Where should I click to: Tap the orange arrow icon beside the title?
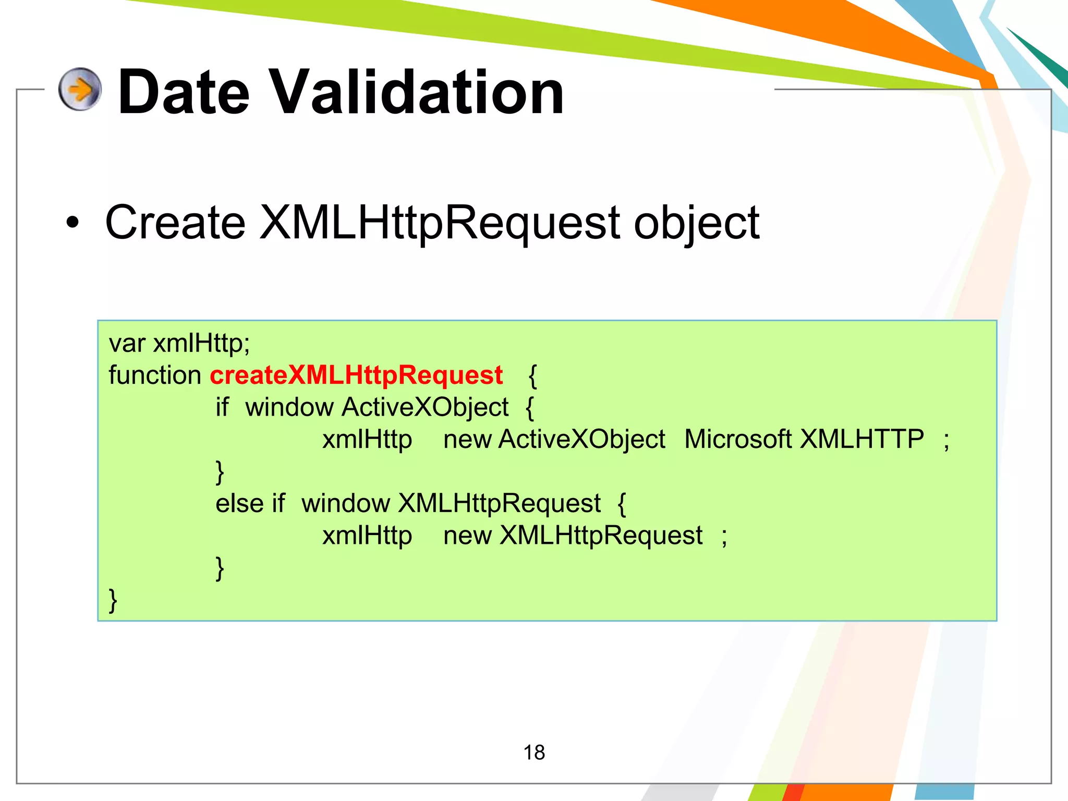(x=80, y=89)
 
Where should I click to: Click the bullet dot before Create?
(x=73, y=223)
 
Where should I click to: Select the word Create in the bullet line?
(x=175, y=223)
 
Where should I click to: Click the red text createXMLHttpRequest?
(x=356, y=375)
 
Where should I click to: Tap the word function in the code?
(x=155, y=375)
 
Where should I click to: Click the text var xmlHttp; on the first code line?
(x=179, y=343)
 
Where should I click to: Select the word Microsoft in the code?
(x=738, y=439)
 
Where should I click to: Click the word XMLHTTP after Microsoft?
(x=861, y=439)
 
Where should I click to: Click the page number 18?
(x=534, y=753)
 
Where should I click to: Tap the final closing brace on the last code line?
(x=113, y=600)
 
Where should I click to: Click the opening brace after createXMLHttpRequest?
(x=532, y=376)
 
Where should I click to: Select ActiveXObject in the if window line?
(x=425, y=407)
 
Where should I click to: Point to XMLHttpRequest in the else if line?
(x=499, y=503)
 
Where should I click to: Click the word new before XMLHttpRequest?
(x=467, y=536)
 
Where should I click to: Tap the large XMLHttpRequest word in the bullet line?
(x=439, y=223)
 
